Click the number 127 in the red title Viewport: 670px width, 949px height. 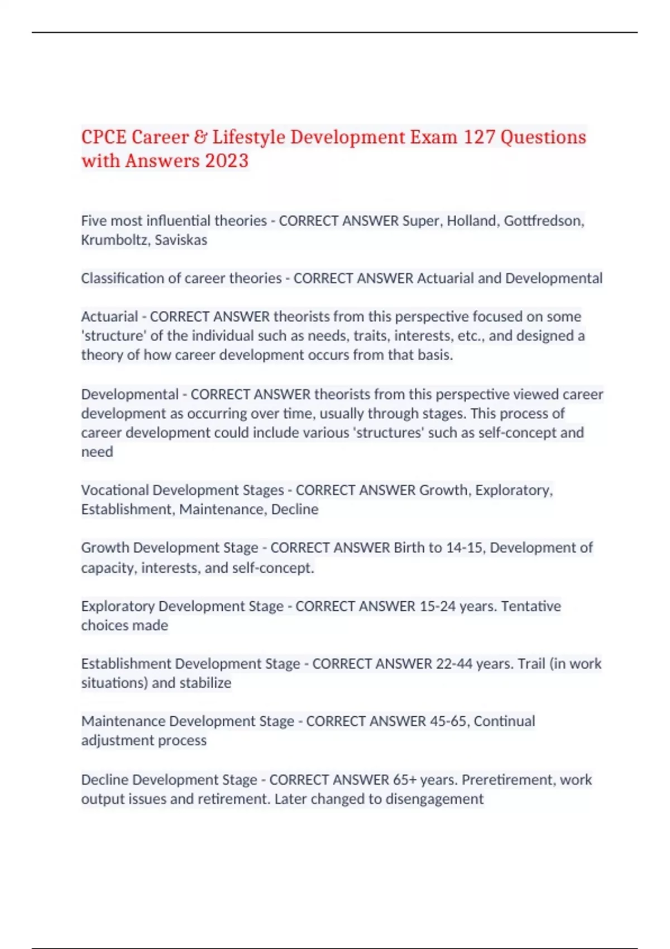tap(479, 137)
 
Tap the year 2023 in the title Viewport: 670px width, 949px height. tap(226, 161)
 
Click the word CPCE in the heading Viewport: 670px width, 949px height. tap(104, 137)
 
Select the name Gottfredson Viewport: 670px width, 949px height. tap(544, 221)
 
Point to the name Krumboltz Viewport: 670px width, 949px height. tap(114, 240)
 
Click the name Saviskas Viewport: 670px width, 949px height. tap(181, 240)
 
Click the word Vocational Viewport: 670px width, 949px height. tap(114, 490)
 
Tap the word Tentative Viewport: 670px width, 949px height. tap(531, 606)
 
